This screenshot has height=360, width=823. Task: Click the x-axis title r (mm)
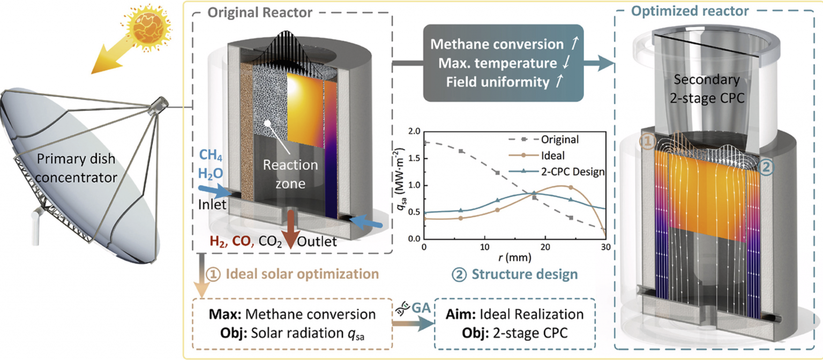click(513, 258)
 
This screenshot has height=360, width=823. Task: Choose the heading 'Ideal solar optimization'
click(294, 274)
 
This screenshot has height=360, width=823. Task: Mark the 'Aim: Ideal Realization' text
click(507, 314)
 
